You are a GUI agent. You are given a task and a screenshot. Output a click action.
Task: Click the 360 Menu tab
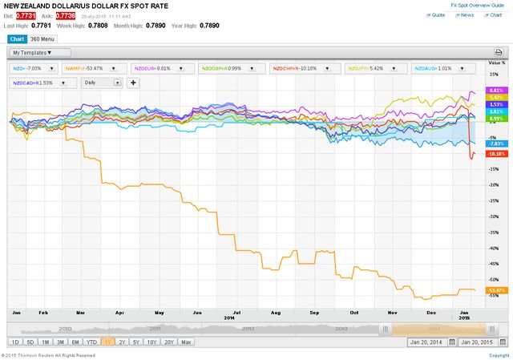pyautogui.click(x=42, y=38)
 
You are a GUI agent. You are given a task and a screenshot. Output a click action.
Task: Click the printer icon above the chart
pyautogui.click(x=499, y=53)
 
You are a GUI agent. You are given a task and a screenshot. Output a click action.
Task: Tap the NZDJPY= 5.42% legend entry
pyautogui.click(x=366, y=68)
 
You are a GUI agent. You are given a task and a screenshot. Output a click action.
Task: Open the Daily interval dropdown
pyautogui.click(x=101, y=82)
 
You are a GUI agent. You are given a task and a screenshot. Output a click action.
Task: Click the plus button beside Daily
pyautogui.click(x=133, y=82)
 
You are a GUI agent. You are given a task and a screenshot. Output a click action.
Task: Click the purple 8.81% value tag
pyautogui.click(x=495, y=91)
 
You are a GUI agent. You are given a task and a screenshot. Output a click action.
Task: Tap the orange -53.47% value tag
pyautogui.click(x=496, y=289)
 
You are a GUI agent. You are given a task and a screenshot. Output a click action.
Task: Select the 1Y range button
pyautogui.click(x=107, y=342)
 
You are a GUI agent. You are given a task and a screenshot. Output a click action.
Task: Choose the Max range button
pyautogui.click(x=186, y=342)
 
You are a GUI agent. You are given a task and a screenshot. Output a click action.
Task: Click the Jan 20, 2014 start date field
pyautogui.click(x=430, y=342)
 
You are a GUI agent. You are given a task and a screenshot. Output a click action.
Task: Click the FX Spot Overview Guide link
pyautogui.click(x=478, y=5)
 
